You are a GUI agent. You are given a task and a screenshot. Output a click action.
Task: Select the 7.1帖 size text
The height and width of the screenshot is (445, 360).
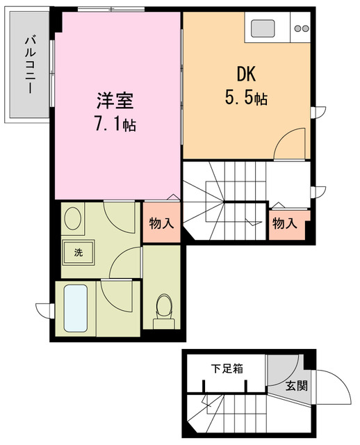point(115,124)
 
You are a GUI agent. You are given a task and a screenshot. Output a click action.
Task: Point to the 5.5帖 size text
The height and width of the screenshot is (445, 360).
point(245,98)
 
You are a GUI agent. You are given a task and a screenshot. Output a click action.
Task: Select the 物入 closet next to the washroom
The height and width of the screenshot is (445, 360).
point(162,224)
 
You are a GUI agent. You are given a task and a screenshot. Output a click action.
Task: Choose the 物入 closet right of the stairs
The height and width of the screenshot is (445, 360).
point(285,224)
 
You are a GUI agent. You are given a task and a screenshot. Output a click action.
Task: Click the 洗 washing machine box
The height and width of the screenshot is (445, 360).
point(79,252)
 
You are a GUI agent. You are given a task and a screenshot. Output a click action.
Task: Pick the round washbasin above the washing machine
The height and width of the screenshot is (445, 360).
point(72,220)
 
